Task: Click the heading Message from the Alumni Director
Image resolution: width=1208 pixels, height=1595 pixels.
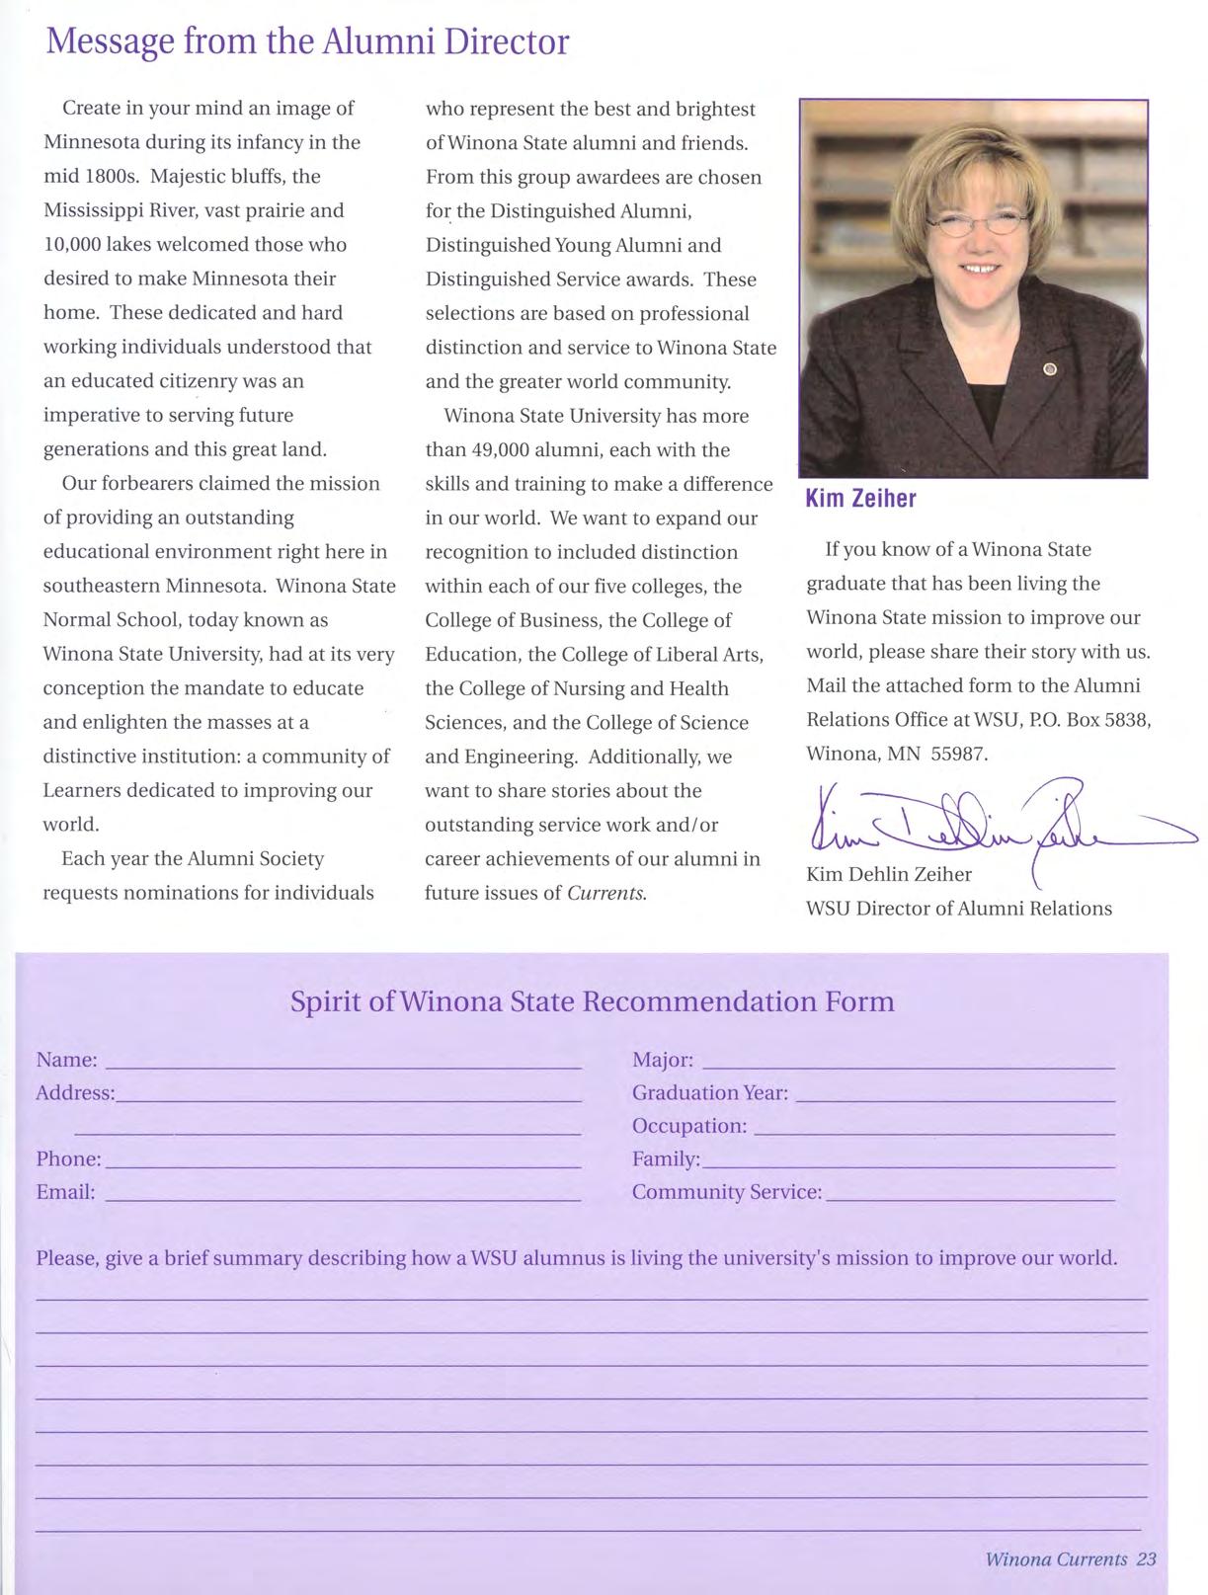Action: pos(307,41)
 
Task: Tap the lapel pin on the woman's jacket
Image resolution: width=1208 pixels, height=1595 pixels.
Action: pos(1050,369)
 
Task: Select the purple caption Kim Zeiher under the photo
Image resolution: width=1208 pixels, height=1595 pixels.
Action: pos(860,499)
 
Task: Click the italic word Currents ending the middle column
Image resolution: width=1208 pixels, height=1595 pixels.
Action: pos(606,893)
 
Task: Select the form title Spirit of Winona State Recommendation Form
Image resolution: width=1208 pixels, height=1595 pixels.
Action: pos(592,1001)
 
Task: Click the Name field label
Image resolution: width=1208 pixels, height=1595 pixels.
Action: pos(66,1060)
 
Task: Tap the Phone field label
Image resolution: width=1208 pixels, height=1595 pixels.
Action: pos(68,1158)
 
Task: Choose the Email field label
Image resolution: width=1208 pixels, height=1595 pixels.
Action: pos(65,1192)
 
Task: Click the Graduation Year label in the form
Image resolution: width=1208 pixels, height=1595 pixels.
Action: pos(709,1093)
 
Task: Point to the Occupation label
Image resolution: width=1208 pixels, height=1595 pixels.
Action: pos(688,1126)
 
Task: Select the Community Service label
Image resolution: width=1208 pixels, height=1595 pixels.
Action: pos(726,1192)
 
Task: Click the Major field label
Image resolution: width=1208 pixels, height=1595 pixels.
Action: pos(662,1060)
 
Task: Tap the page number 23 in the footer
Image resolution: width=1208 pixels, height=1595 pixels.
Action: pos(1146,1559)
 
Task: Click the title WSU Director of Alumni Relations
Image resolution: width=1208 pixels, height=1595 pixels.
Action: pos(958,909)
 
